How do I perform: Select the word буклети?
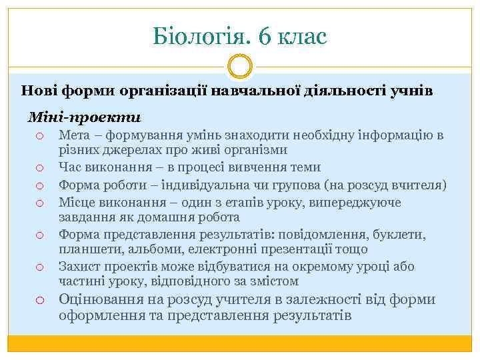point(402,234)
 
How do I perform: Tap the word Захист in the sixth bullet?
point(77,266)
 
